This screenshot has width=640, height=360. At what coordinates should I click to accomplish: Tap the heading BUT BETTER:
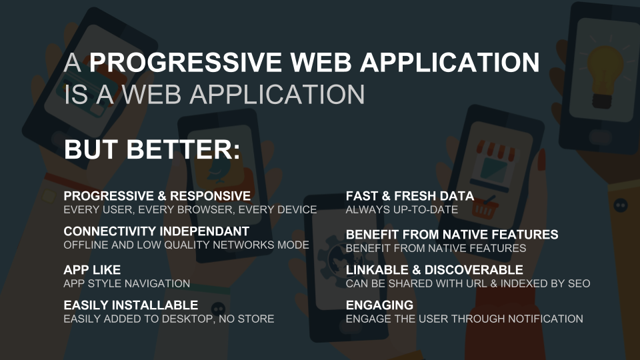point(152,149)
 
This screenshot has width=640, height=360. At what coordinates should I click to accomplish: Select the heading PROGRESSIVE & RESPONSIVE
point(157,196)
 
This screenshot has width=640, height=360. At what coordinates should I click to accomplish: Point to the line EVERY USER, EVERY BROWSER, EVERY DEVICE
point(190,209)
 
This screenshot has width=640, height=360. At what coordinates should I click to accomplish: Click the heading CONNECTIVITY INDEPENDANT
point(156,231)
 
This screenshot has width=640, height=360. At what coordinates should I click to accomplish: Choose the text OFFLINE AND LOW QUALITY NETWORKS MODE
point(186,245)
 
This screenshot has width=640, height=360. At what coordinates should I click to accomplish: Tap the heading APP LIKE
point(92,270)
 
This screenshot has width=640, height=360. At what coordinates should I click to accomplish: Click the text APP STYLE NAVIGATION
point(127,283)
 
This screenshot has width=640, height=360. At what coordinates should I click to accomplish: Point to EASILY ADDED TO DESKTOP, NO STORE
point(169,319)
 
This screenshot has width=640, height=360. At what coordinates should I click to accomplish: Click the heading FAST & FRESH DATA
point(410,196)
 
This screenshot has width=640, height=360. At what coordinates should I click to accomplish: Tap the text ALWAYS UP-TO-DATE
point(402,209)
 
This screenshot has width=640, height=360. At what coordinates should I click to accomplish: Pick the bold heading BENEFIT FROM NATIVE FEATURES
point(452,235)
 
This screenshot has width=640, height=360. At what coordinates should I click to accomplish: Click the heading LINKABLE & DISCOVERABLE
point(435,270)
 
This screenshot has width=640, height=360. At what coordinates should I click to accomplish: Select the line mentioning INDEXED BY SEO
point(468,283)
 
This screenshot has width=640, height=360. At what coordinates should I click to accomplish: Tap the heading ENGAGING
point(379,305)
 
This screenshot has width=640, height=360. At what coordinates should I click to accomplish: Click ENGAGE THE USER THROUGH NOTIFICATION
point(465,319)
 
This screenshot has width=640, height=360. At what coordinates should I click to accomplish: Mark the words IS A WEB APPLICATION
point(215,95)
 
